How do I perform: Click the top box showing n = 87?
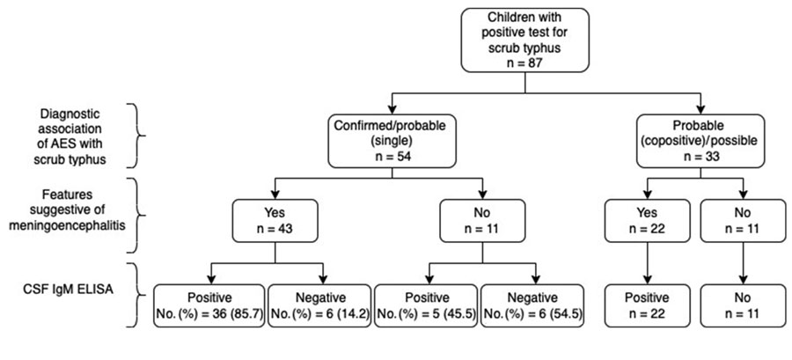coord(524,40)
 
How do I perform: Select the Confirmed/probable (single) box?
coord(392,140)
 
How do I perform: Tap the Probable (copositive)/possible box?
coord(700,140)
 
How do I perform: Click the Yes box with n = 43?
coord(275,221)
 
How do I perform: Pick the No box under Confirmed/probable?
coord(482,221)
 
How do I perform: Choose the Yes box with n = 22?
coord(647,221)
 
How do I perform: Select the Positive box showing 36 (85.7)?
coord(209,305)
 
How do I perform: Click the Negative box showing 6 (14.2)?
coord(320,305)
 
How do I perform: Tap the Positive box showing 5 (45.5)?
coord(426,305)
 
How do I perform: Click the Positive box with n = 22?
coord(647,305)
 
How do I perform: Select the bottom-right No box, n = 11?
coord(743,305)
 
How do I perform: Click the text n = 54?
coord(392,156)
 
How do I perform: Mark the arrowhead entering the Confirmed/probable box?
coord(392,109)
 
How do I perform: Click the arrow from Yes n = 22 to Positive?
coord(647,263)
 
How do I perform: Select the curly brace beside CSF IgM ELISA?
coord(135,295)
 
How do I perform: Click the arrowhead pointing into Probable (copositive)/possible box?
coord(700,109)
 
